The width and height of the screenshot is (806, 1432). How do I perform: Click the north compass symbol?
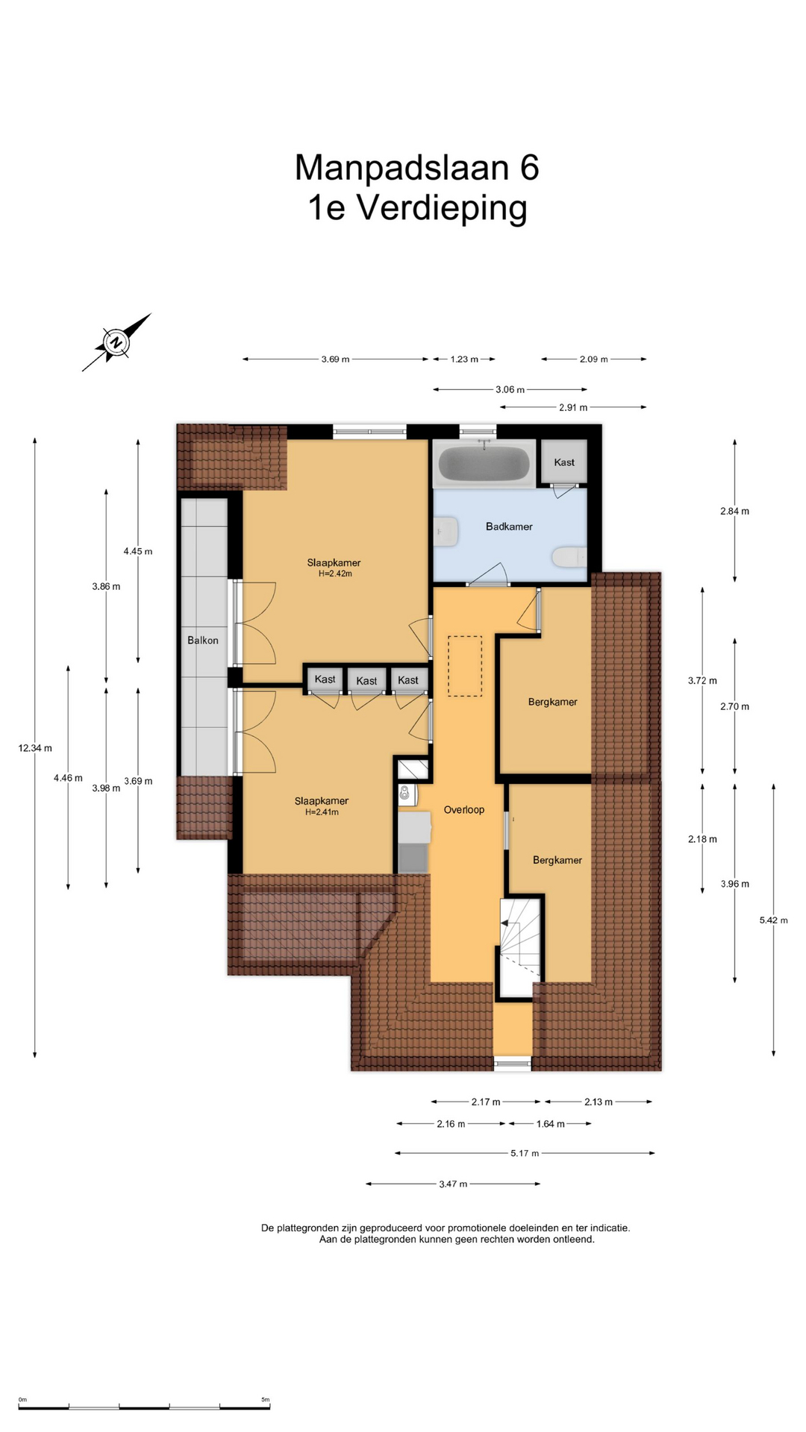(x=116, y=342)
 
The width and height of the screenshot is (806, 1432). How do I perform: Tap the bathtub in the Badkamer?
(x=484, y=463)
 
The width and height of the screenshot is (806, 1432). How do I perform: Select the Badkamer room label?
(x=509, y=527)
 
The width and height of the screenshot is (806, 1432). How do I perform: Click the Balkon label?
(x=203, y=640)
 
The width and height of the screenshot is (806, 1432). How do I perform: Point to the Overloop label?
(x=464, y=809)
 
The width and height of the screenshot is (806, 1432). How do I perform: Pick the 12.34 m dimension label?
(x=35, y=748)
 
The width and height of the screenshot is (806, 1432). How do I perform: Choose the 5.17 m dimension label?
(x=525, y=1153)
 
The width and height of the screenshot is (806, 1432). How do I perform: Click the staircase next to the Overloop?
(x=519, y=946)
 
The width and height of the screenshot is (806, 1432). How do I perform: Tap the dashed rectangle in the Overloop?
(x=465, y=666)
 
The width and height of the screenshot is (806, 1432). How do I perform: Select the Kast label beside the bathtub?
(x=564, y=462)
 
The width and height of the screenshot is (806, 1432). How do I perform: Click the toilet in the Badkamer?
(x=569, y=557)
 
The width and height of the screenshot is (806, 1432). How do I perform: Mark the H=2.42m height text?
(x=334, y=574)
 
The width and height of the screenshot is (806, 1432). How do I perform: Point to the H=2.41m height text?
(x=322, y=812)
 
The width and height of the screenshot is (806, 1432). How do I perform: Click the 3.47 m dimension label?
(x=453, y=1184)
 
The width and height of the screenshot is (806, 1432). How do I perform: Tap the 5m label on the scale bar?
(x=265, y=1399)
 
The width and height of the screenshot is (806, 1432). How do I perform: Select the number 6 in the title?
(x=529, y=167)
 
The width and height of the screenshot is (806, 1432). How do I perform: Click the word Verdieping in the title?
(x=443, y=208)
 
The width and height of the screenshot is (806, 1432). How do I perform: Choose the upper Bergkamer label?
(x=553, y=702)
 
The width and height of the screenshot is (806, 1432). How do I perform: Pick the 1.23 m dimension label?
(x=464, y=359)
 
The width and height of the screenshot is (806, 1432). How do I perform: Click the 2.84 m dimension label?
(x=735, y=511)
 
